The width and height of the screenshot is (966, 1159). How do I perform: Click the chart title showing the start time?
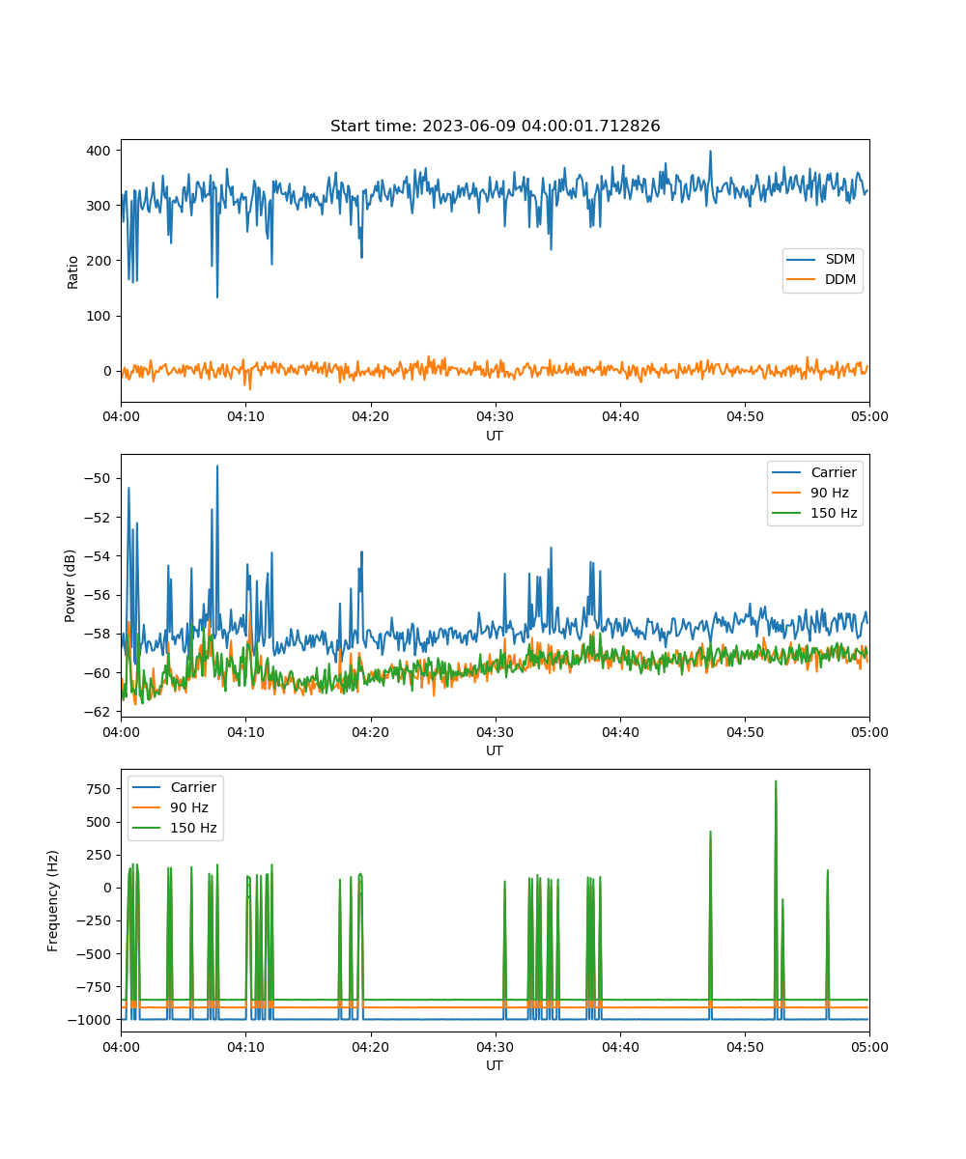pyautogui.click(x=495, y=126)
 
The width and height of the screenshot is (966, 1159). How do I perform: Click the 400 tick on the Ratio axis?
pyautogui.click(x=99, y=151)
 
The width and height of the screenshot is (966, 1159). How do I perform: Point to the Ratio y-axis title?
pyautogui.click(x=72, y=272)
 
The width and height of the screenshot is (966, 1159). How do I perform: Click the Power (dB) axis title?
pyautogui.click(x=70, y=585)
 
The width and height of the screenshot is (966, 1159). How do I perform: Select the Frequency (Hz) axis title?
pyautogui.click(x=52, y=900)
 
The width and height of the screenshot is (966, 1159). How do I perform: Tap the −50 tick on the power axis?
pyautogui.click(x=98, y=478)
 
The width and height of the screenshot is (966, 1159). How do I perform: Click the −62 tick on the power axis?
pyautogui.click(x=98, y=712)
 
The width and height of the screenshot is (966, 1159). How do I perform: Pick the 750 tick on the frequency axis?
pyautogui.click(x=99, y=789)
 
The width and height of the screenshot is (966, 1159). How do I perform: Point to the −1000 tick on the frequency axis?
pyautogui.click(x=90, y=1020)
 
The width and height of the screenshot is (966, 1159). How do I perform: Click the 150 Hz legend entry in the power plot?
pyautogui.click(x=814, y=513)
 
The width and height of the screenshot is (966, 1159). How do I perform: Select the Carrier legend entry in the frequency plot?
pyautogui.click(x=174, y=787)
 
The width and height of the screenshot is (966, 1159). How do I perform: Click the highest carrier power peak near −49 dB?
pyautogui.click(x=217, y=466)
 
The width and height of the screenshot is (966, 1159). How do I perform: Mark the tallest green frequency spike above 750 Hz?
pyautogui.click(x=776, y=781)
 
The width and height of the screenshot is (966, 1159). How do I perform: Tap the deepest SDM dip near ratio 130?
pyautogui.click(x=217, y=297)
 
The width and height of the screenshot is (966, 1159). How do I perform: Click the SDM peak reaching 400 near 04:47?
pyautogui.click(x=710, y=152)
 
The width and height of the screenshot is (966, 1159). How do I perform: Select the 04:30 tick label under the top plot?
pyautogui.click(x=496, y=416)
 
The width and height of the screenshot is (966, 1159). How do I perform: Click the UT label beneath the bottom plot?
pyautogui.click(x=494, y=1065)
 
